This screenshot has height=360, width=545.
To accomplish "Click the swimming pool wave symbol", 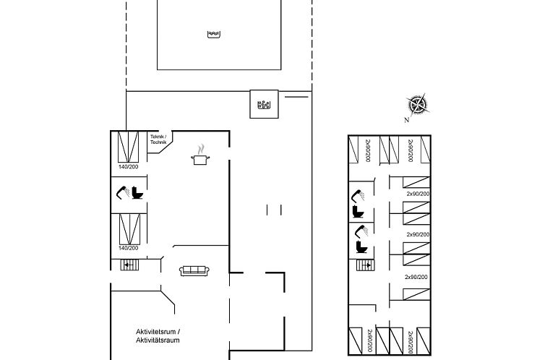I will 213,34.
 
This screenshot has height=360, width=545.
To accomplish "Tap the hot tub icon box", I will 262,103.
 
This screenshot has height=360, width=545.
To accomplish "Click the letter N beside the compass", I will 407,120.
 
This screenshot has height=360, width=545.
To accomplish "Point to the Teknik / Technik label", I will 158,140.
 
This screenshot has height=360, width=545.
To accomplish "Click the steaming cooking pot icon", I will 200,155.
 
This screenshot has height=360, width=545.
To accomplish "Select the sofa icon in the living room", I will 194,270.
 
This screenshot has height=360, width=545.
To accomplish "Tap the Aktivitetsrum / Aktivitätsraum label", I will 158,335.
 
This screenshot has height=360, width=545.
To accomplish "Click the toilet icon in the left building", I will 137,193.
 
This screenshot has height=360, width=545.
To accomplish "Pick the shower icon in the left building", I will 121,192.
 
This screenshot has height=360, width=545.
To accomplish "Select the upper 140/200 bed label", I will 128,167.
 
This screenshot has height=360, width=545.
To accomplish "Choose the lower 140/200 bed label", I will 128,248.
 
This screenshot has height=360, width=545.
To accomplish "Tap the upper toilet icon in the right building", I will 358,212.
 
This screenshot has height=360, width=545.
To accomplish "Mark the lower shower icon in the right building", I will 359,231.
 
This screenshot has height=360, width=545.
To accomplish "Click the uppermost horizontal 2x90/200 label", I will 418,194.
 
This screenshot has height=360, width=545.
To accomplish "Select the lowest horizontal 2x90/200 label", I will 417,277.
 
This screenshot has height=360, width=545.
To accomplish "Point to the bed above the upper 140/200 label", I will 128,147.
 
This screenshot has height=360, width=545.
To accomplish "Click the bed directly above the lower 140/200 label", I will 128,229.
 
